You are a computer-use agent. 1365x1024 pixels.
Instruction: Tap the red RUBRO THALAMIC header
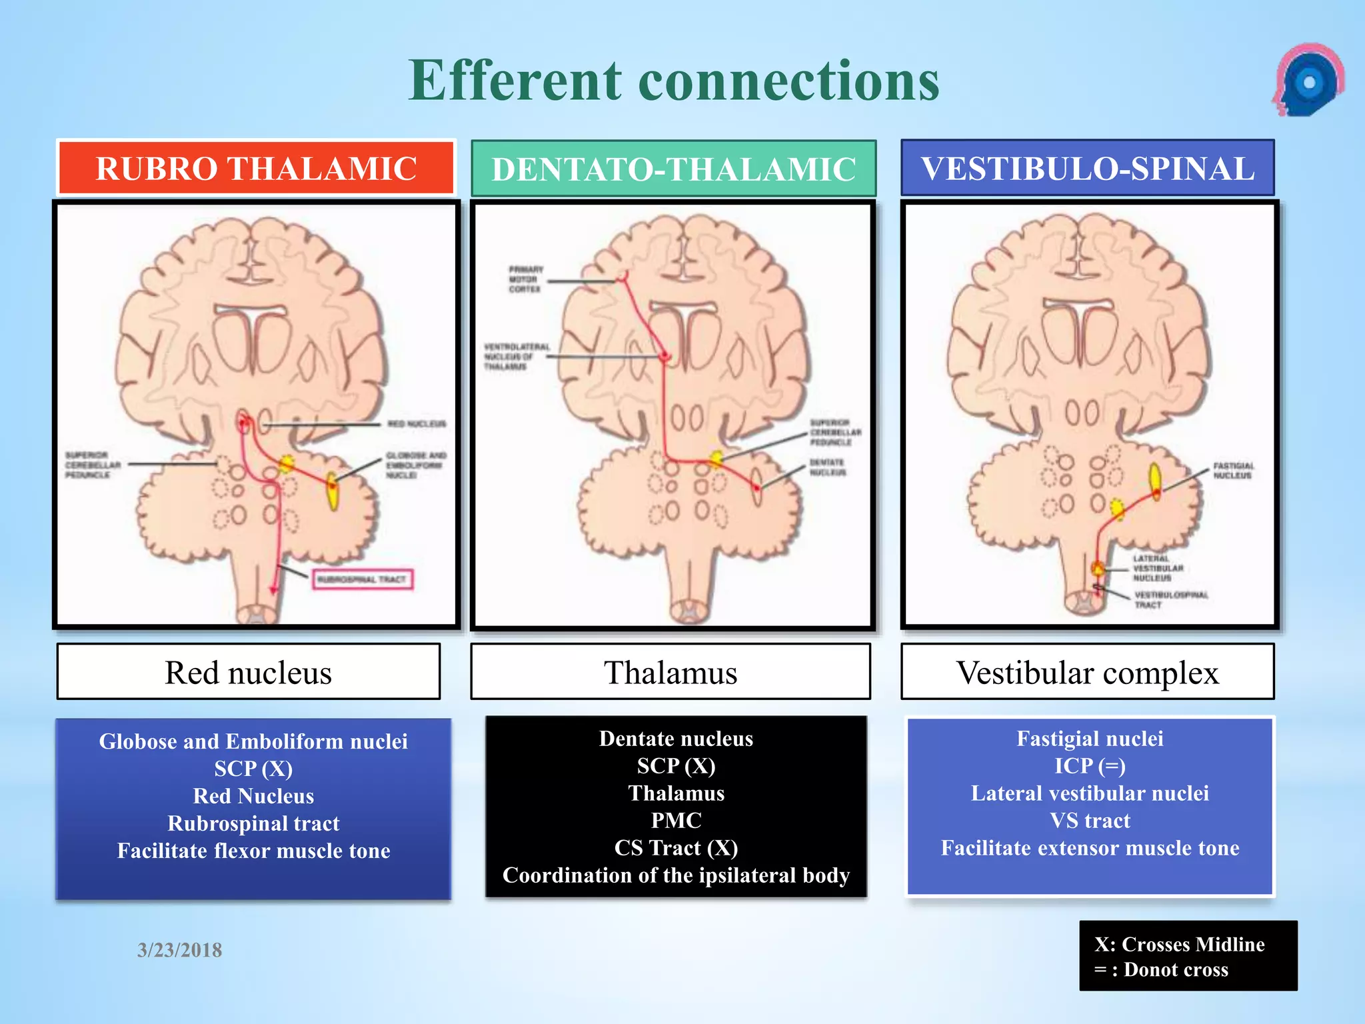click(256, 168)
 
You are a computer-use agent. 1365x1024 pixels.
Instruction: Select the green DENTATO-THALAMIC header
click(673, 169)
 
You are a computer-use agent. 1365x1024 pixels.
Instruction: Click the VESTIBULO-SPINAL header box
click(1087, 168)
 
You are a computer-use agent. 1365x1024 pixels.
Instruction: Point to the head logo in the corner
click(1308, 80)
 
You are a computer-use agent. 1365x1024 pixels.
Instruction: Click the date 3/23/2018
click(179, 949)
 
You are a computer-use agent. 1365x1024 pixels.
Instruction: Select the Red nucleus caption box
click(248, 672)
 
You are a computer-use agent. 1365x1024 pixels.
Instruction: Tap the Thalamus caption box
click(670, 672)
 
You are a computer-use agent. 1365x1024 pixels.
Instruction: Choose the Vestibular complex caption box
click(1087, 672)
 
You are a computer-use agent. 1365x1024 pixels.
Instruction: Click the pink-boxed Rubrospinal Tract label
click(363, 579)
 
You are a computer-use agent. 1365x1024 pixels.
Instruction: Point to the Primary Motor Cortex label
click(525, 279)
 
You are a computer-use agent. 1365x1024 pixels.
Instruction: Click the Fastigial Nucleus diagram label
click(1232, 471)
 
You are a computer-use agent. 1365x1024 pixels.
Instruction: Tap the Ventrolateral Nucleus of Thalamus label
click(516, 357)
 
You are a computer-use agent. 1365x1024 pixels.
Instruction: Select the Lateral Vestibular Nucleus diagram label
click(1158, 568)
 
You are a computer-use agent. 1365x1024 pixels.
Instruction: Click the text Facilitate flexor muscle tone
click(253, 851)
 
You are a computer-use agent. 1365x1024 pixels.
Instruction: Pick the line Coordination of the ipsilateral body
click(676, 875)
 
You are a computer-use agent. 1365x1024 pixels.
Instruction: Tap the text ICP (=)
click(1090, 766)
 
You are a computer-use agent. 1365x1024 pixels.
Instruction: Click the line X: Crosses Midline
click(1179, 944)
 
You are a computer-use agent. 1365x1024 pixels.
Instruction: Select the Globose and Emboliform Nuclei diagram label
click(415, 465)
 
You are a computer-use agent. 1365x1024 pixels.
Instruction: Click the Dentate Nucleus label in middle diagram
click(827, 467)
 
